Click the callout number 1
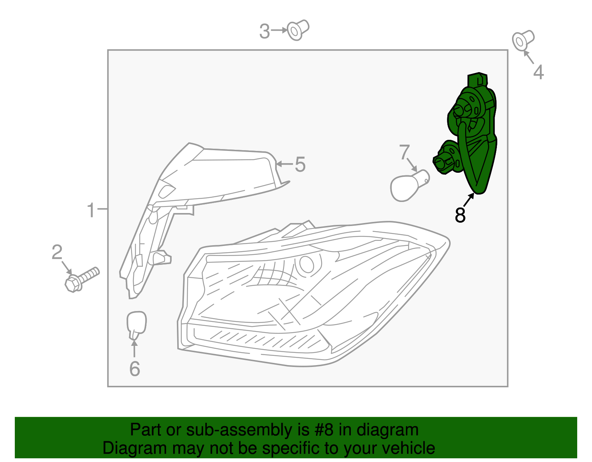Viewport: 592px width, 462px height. (91, 210)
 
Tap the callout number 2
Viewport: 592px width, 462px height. (57, 253)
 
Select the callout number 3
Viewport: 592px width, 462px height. (265, 31)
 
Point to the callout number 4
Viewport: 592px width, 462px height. (538, 72)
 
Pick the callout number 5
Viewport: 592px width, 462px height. (300, 164)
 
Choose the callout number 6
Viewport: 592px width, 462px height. (135, 368)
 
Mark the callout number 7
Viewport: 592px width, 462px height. (404, 152)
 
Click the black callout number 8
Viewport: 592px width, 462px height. (460, 215)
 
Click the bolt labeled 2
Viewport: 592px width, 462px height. (81, 279)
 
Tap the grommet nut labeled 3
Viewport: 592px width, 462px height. (298, 30)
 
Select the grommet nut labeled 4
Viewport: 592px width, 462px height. (523, 40)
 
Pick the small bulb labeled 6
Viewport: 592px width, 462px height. (136, 324)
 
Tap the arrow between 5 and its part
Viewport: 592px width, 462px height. (284, 163)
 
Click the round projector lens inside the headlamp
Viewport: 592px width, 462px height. (307, 264)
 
